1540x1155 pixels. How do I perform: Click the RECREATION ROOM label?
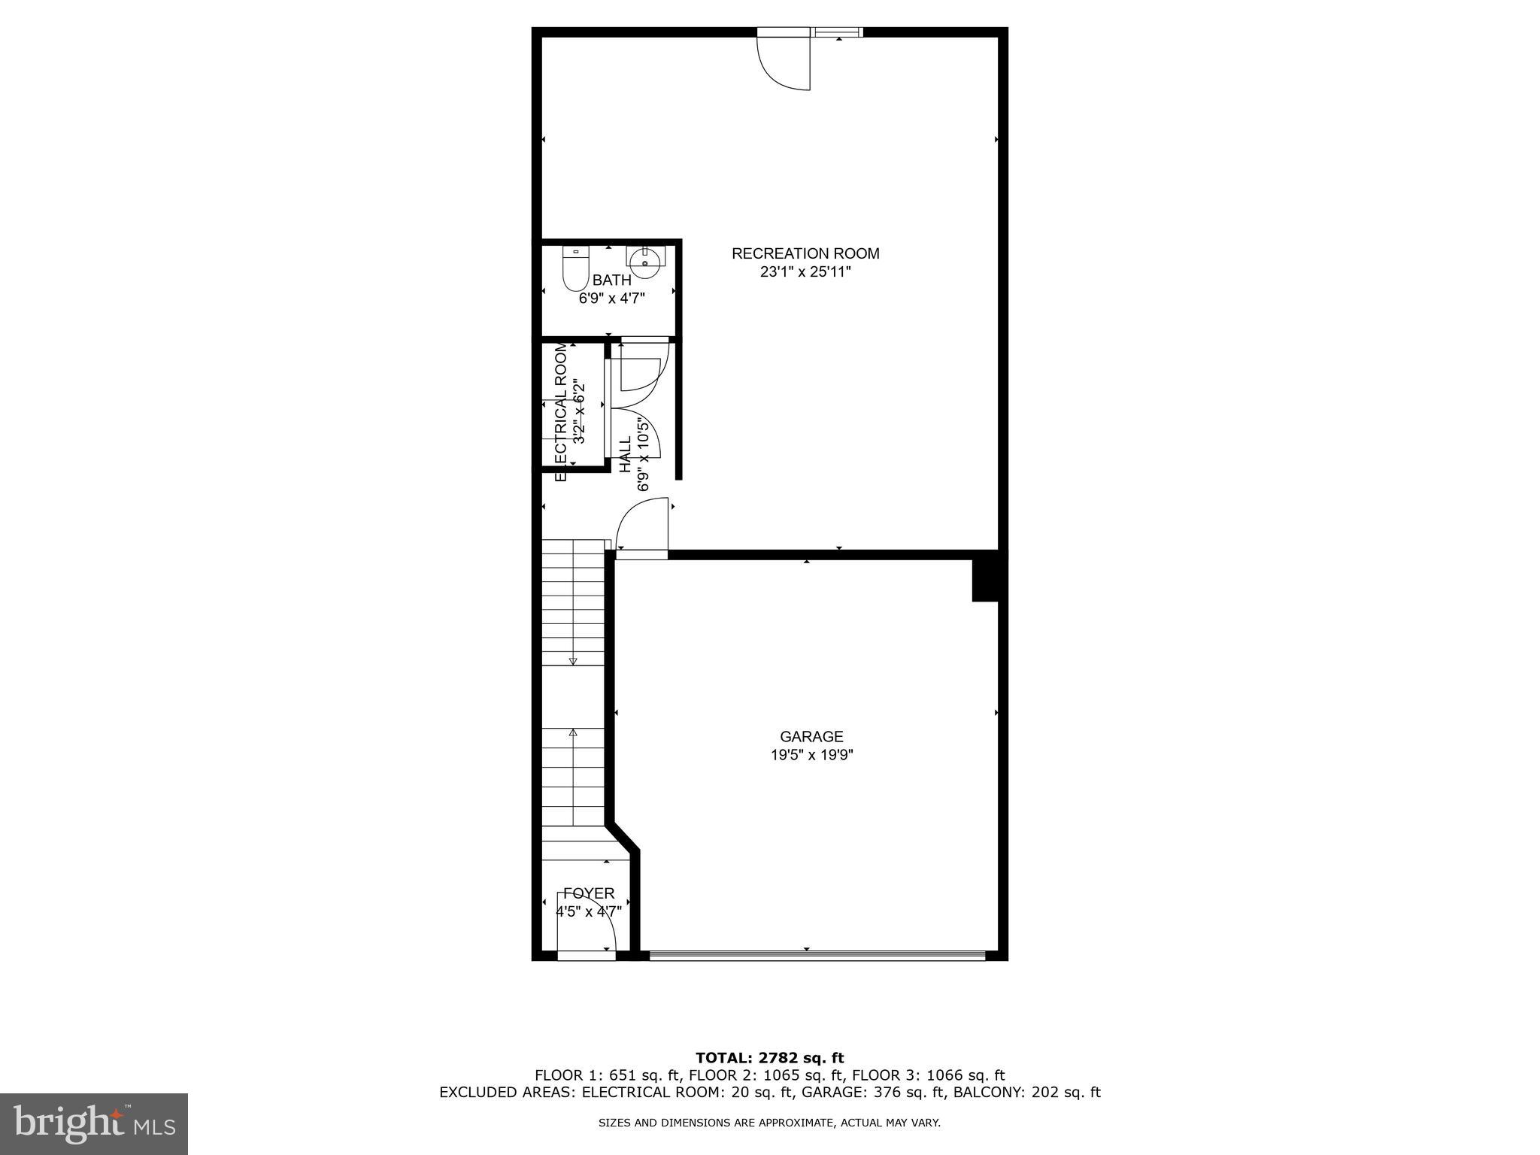click(805, 254)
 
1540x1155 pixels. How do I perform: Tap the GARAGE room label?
click(811, 737)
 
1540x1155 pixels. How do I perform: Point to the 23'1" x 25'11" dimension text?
click(805, 272)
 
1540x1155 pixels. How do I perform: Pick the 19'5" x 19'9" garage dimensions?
click(811, 755)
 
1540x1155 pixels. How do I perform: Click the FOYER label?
click(589, 893)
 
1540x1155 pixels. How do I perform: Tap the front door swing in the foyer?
click(594, 925)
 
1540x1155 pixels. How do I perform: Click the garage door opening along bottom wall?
click(817, 956)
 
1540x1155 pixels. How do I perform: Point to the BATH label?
click(611, 280)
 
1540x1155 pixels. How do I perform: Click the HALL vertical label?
click(626, 454)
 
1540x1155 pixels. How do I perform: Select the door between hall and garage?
click(642, 526)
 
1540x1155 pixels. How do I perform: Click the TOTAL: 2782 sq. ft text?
click(769, 1059)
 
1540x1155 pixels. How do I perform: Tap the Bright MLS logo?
click(94, 1123)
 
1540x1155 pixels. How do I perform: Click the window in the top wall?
click(838, 32)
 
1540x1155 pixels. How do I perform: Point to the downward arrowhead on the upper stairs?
click(573, 661)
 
